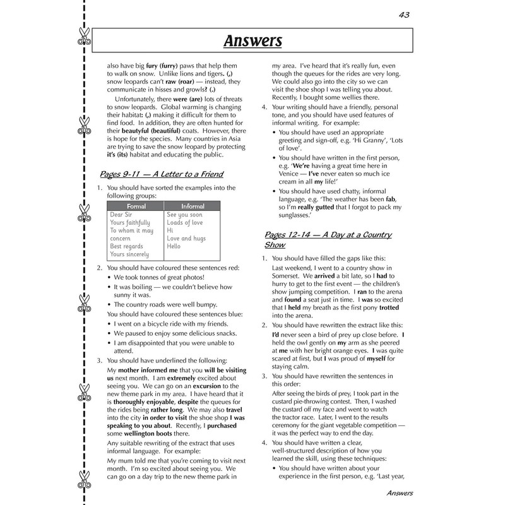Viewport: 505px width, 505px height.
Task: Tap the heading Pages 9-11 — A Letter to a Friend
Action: (x=162, y=174)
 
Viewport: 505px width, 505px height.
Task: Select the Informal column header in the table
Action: (x=193, y=206)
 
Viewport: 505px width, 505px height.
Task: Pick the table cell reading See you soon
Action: (x=184, y=215)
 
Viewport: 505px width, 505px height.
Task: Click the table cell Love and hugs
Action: (x=186, y=239)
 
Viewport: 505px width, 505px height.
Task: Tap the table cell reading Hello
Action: (x=174, y=247)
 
